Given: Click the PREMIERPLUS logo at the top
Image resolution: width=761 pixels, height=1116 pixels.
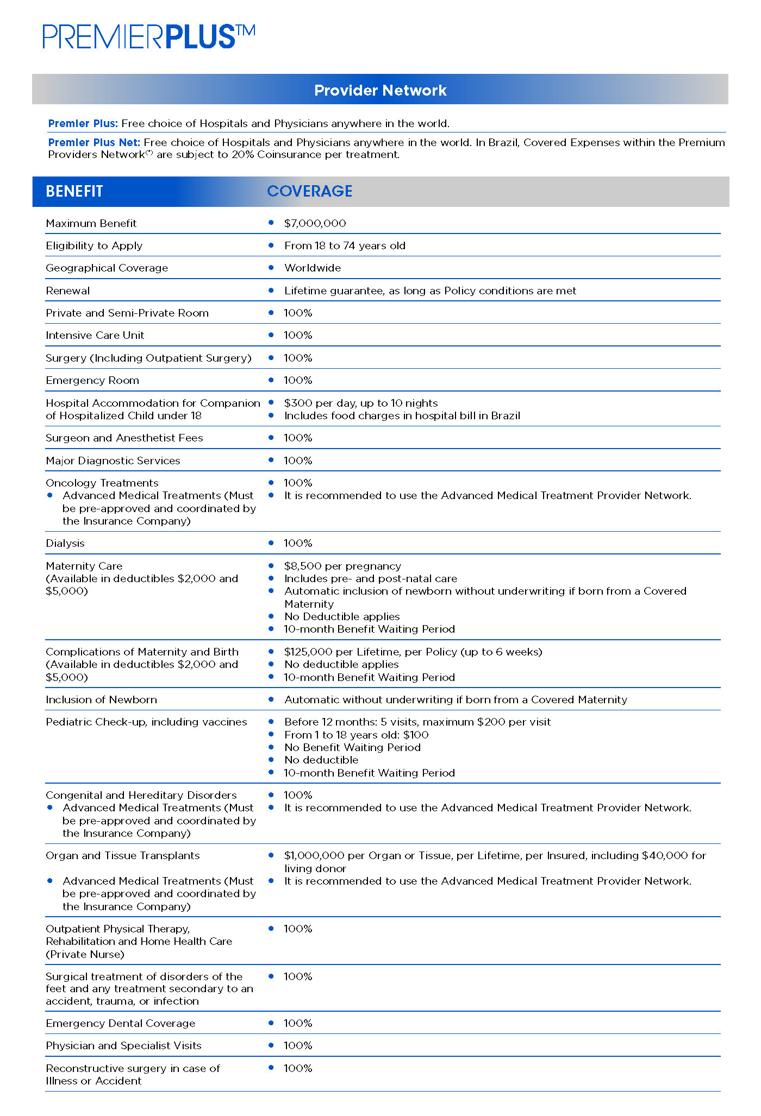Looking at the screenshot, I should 148,37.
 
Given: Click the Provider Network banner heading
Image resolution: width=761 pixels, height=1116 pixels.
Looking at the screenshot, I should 380,90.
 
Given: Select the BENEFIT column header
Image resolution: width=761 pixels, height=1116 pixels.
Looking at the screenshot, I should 74,191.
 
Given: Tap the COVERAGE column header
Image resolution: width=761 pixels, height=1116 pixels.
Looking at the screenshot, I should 309,191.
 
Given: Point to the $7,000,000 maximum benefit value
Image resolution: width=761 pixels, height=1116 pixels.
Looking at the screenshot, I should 315,223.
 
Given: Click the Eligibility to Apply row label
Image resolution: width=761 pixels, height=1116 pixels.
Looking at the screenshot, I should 94,245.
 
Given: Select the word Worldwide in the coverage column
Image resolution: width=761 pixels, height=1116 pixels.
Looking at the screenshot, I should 313,268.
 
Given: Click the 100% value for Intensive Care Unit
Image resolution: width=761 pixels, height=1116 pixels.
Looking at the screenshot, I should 298,335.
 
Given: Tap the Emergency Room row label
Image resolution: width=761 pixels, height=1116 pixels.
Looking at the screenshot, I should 92,380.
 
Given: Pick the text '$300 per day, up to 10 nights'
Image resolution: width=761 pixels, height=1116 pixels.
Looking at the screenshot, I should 361,403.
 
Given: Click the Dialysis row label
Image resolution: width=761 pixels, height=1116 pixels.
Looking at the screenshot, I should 65,543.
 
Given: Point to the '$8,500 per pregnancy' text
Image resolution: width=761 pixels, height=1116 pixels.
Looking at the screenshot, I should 342,566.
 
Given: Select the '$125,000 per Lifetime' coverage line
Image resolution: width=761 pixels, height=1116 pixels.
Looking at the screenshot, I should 413,652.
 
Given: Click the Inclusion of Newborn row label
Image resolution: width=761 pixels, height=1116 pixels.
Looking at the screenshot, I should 101,699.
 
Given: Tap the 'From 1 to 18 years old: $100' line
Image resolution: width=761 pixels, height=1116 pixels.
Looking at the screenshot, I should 356,735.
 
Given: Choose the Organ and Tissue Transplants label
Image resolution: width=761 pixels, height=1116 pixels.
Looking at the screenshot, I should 123,855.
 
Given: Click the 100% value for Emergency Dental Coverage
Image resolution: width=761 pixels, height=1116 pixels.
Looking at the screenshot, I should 298,1023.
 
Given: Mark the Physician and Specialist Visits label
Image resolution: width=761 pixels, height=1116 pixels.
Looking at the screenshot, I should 123,1045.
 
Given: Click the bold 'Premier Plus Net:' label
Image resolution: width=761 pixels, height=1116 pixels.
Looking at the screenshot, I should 94,142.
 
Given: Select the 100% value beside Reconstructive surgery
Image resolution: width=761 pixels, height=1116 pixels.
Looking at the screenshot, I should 298,1068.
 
